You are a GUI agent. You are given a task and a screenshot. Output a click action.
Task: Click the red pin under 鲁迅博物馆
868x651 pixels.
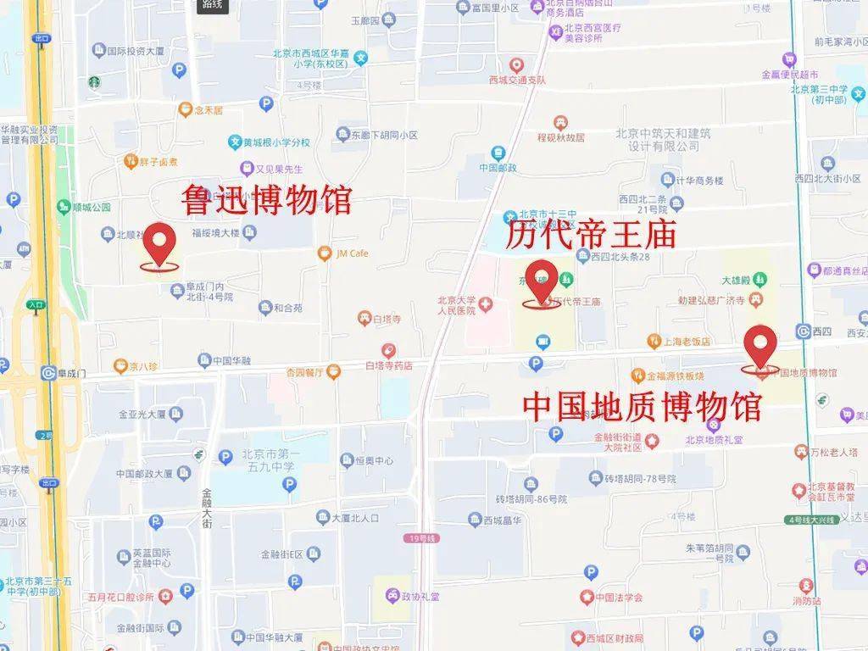pyautogui.click(x=159, y=244)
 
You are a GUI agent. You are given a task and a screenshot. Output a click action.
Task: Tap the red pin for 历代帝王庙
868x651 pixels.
pyautogui.click(x=542, y=281)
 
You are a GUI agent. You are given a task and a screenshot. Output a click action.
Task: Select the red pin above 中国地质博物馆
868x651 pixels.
pyautogui.click(x=760, y=346)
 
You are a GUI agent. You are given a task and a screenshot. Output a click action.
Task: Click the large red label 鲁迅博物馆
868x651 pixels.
pyautogui.click(x=267, y=201)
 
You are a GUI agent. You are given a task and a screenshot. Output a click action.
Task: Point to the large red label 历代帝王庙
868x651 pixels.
pyautogui.click(x=591, y=235)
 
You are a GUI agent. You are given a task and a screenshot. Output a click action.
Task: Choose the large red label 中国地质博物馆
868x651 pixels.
pyautogui.click(x=642, y=406)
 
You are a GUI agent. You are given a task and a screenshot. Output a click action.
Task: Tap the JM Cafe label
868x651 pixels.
pyautogui.click(x=352, y=253)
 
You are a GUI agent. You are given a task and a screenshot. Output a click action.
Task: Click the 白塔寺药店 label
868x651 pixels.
pyautogui.click(x=388, y=365)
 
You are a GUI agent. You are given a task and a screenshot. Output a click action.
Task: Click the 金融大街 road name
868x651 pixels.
pyautogui.click(x=208, y=507)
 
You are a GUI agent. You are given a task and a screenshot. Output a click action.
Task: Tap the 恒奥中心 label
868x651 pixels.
pyautogui.click(x=373, y=460)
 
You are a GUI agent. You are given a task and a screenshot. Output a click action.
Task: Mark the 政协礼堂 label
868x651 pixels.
pyautogui.click(x=420, y=596)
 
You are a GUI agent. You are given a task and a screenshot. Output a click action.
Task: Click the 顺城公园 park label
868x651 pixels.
pyautogui.click(x=91, y=207)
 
